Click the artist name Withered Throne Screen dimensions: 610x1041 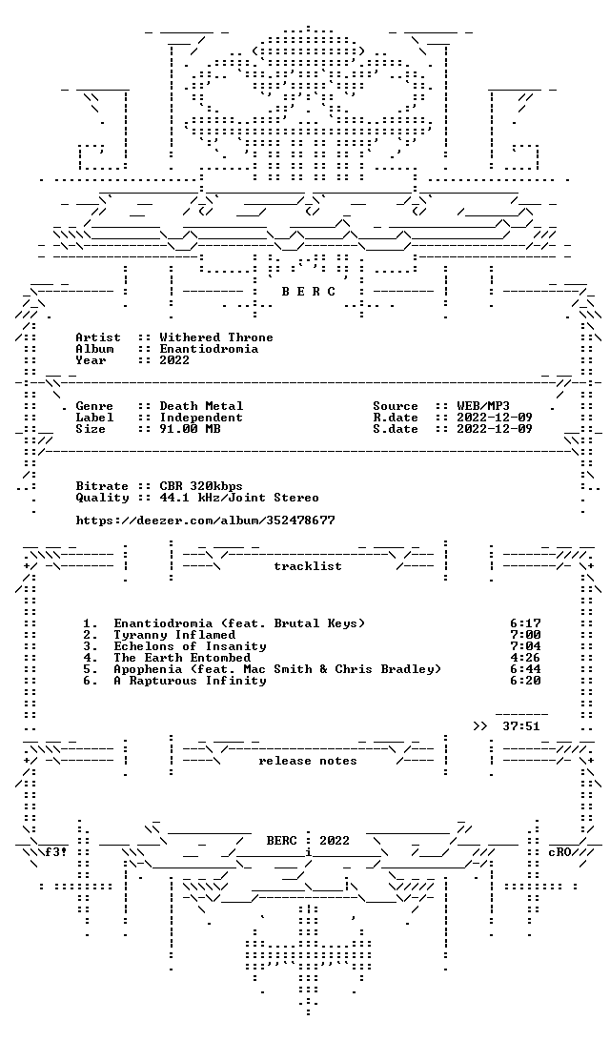(216, 337)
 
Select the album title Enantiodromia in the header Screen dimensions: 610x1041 (209, 349)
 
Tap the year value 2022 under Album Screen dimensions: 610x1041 (174, 359)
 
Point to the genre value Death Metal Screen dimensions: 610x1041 (202, 406)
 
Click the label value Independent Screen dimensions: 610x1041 (201, 418)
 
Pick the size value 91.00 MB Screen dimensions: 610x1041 (190, 429)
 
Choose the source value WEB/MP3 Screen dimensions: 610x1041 (483, 406)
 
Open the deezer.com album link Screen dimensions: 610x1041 (205, 520)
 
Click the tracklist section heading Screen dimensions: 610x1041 (308, 566)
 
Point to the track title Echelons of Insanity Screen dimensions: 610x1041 (190, 646)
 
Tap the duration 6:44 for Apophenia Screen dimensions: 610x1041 (526, 669)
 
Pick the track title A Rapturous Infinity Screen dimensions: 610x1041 (190, 681)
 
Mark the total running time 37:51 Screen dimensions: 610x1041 (521, 726)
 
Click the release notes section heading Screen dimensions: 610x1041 (308, 761)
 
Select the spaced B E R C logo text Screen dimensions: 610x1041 (309, 292)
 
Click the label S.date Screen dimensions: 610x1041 (396, 429)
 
